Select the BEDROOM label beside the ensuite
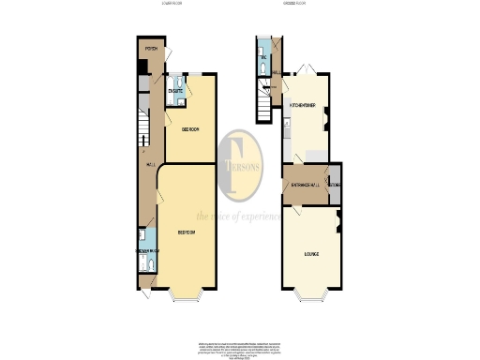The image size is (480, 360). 190,129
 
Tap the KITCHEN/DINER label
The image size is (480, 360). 301,105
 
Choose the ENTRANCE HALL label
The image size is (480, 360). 305,185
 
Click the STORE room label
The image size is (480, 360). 334,185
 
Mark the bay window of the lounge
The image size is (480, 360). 309,299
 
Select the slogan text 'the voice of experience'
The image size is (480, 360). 238,217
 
